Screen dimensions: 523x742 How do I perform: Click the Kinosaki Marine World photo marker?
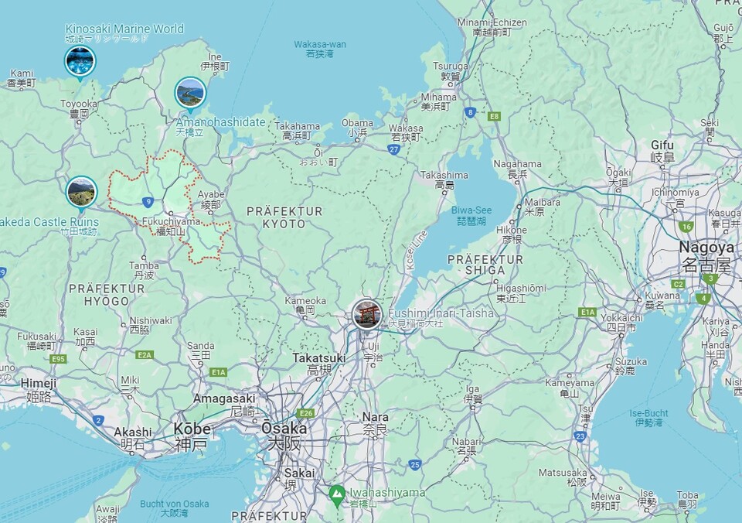[80, 60]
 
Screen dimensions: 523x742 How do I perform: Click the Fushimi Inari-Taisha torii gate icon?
[366, 314]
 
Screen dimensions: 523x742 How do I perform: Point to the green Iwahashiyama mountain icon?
[336, 493]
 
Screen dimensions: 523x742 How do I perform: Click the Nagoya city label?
[706, 248]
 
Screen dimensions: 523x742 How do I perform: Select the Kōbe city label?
[190, 429]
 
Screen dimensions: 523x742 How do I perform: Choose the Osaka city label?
[284, 429]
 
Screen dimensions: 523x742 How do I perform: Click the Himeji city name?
[39, 383]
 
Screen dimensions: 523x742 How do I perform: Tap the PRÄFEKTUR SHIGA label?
[485, 265]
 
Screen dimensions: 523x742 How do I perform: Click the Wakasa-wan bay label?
[319, 44]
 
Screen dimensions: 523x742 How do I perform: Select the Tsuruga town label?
[450, 67]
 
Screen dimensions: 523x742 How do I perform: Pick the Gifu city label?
[662, 145]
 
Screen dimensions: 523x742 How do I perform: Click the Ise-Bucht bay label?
[649, 413]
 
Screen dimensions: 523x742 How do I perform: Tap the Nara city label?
[376, 417]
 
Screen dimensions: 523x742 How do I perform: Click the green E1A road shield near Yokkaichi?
[587, 313]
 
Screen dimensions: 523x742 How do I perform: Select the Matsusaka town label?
[563, 472]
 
